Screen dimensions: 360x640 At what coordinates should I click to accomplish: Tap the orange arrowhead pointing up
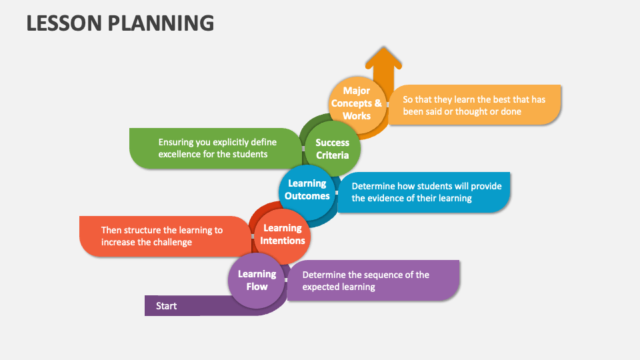383,59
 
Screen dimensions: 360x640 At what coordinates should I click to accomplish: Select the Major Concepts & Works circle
357,103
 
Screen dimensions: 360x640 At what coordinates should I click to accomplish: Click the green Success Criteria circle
333,149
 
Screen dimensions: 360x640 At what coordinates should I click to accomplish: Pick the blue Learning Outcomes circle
307,190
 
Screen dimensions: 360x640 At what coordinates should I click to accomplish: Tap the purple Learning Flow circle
257,280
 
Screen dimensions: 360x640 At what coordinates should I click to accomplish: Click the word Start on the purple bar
167,306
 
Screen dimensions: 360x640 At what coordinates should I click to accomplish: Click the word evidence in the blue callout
395,198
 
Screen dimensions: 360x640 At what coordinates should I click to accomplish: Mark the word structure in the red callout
147,230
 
